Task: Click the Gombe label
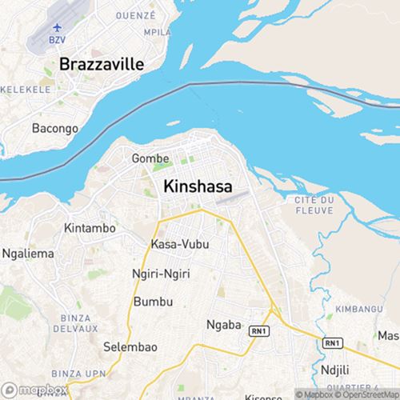pos(150,158)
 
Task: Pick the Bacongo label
pos(54,128)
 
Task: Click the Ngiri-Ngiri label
pos(160,274)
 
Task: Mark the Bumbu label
pos(153,302)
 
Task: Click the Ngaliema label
pos(27,254)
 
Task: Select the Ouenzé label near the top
pos(135,15)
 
